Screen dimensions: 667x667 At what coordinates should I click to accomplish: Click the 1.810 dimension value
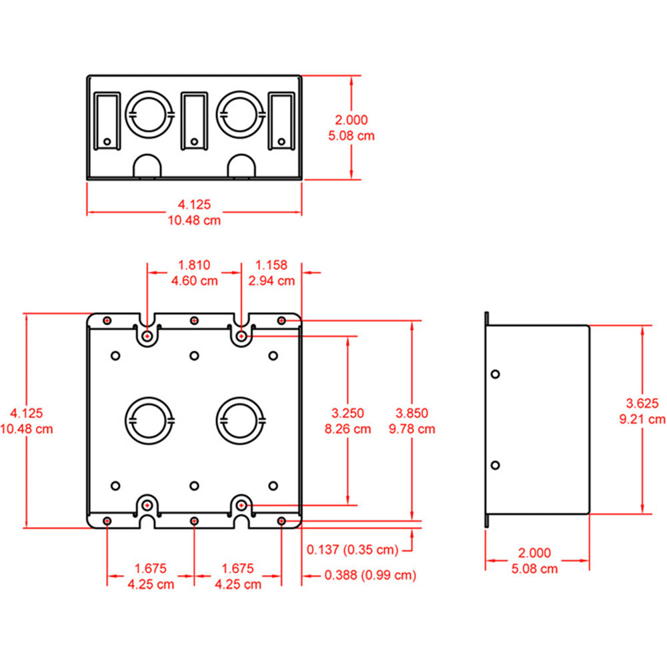click(x=194, y=265)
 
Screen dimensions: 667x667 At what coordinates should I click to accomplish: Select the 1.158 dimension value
click(x=271, y=265)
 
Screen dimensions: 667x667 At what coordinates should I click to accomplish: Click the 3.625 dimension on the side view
click(x=642, y=402)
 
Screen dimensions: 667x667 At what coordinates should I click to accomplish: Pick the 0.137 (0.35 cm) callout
click(x=352, y=550)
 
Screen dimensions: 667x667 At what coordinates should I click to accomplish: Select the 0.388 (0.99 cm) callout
click(x=370, y=575)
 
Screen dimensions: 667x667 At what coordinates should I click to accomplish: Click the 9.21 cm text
click(x=642, y=419)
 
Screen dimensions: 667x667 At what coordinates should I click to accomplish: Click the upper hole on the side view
click(x=494, y=375)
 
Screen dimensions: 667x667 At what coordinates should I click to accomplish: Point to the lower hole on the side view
click(x=494, y=465)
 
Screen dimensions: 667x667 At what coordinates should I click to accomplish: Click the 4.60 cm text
click(x=194, y=281)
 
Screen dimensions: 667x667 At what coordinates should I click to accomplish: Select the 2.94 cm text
click(x=271, y=281)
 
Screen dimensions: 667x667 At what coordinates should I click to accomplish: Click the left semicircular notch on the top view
click(x=147, y=166)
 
